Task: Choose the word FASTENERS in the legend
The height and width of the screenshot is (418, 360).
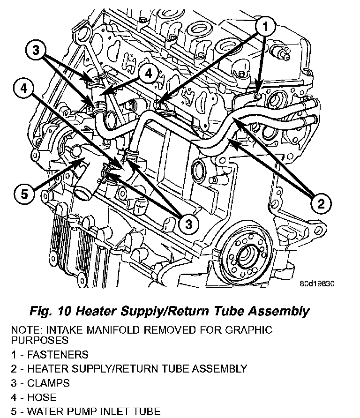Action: pyautogui.click(x=58, y=355)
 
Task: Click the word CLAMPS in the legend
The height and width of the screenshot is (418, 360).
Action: pyautogui.click(x=48, y=383)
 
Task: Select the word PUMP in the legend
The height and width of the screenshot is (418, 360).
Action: pyautogui.click(x=80, y=412)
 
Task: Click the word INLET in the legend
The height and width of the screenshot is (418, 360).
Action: pyautogui.click(x=115, y=412)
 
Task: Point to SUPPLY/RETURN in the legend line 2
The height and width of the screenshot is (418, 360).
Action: pyautogui.click(x=118, y=369)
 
